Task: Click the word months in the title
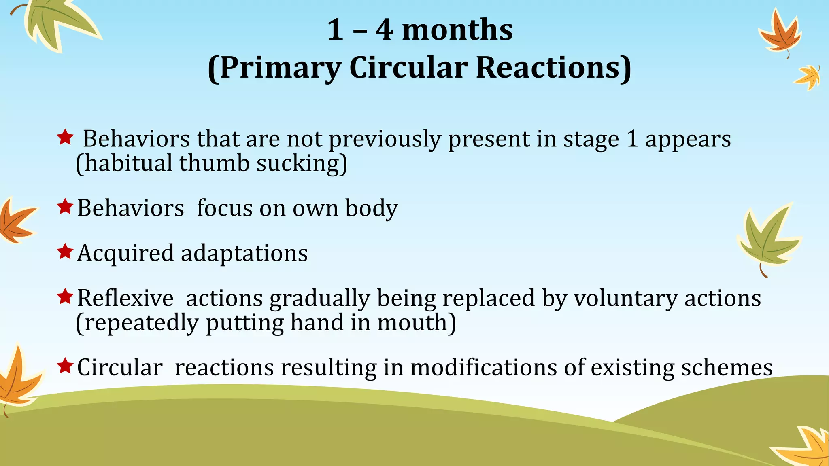457,30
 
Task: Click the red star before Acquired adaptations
65,252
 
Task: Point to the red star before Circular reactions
65,366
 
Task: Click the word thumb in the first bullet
214,163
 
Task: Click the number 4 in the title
384,30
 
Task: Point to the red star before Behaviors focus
65,207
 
